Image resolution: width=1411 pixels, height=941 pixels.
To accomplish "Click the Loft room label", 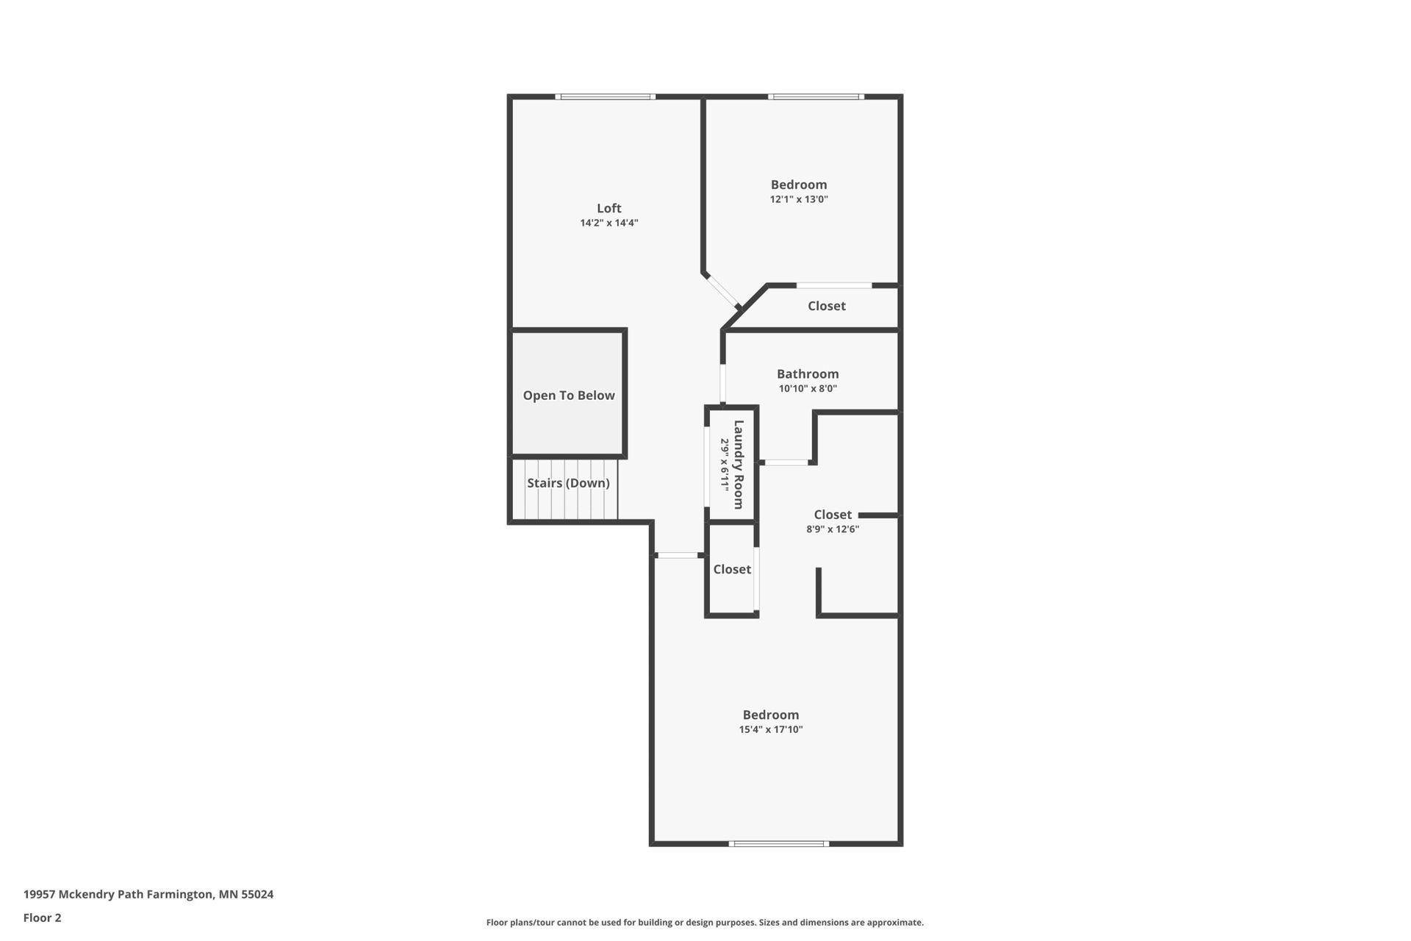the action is tap(608, 208).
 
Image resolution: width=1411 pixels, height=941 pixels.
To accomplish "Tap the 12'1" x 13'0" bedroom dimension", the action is tap(799, 199).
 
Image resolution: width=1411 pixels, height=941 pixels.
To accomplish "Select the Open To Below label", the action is tap(569, 396).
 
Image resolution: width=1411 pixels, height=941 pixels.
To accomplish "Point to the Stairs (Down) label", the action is tap(568, 483).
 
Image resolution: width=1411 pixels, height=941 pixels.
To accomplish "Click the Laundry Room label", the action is tap(739, 465).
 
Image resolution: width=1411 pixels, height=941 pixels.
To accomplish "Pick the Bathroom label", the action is tap(808, 373).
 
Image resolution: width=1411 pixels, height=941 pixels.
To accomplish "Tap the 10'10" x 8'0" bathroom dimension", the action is tap(808, 389).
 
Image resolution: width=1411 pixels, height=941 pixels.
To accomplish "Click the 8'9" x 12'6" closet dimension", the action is tap(833, 529).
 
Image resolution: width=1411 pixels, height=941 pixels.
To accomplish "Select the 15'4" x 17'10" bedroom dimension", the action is tap(771, 730).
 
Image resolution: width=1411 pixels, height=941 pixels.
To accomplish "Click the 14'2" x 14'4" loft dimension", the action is tap(609, 223).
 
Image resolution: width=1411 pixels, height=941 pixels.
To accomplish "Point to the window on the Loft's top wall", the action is tap(606, 96).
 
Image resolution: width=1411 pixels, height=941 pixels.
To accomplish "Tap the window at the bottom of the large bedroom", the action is tap(779, 843).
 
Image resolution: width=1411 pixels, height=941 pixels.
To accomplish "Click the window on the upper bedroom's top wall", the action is tap(816, 96).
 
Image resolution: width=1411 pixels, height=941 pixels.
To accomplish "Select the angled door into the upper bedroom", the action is tap(722, 290).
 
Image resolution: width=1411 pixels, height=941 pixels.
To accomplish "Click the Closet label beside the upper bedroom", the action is tap(827, 306).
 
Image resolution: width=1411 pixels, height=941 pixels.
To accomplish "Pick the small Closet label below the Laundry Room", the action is tap(732, 569).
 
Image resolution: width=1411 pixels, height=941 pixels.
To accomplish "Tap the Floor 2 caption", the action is tap(43, 917).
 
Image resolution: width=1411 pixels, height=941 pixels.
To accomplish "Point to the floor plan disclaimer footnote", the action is tap(705, 923).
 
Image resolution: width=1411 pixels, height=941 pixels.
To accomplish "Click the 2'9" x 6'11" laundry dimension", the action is tap(724, 465).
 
